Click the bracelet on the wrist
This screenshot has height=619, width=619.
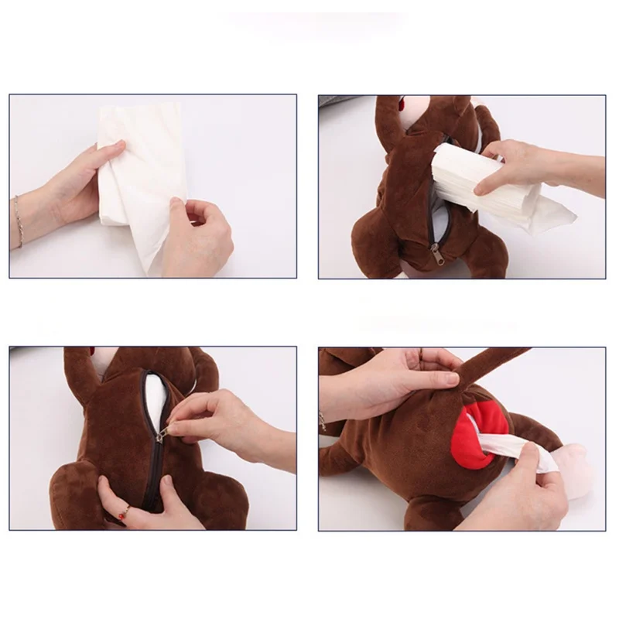click(x=17, y=221)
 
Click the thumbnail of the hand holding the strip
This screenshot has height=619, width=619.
click(x=451, y=379)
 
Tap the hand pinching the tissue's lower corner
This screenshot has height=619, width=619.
click(x=197, y=232)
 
